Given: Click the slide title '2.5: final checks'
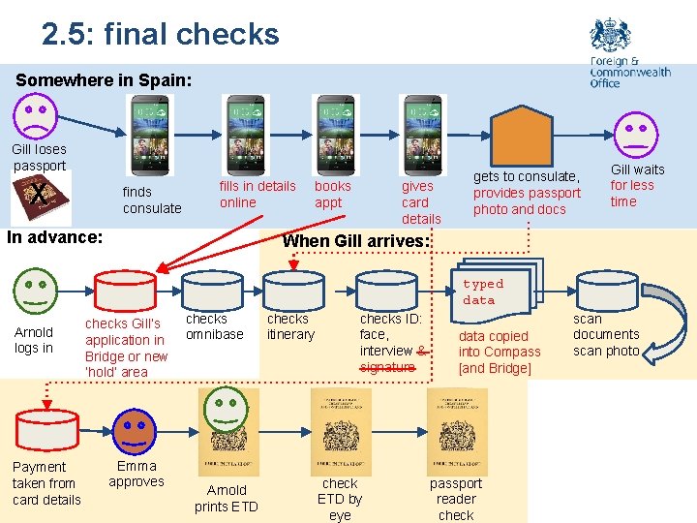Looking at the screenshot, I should coord(160,34).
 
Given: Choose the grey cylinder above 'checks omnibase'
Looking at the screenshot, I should coord(213,291).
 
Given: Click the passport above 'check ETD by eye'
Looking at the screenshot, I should coord(341,430).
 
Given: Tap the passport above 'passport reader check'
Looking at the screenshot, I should coord(457,430).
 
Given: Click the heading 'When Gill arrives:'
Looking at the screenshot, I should coord(354,240).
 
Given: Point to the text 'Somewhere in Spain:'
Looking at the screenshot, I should coord(104,80).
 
